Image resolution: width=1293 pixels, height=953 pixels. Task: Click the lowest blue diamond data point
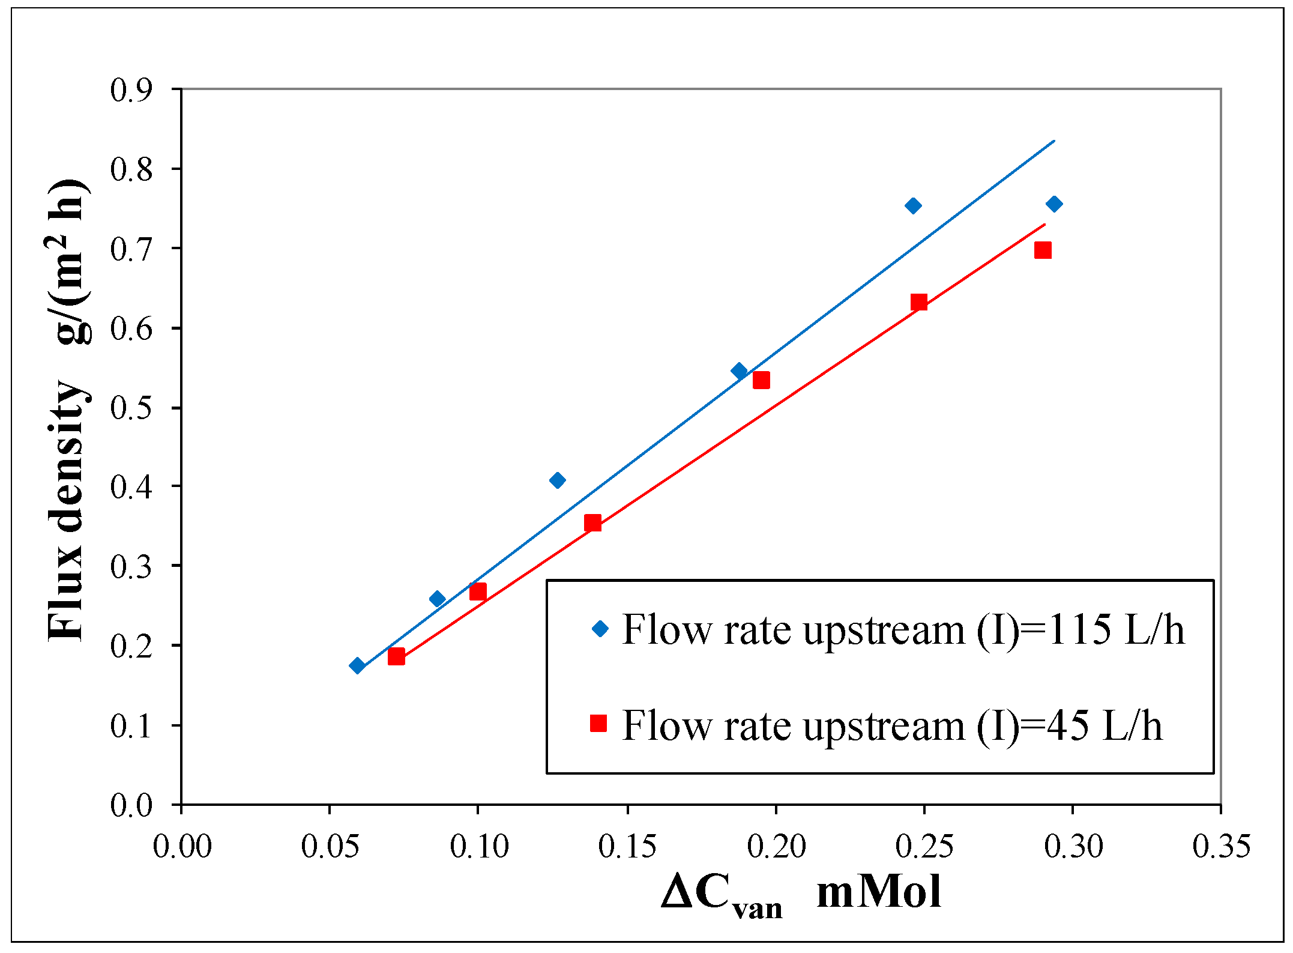coord(357,665)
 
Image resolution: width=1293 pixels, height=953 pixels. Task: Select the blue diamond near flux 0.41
coord(557,480)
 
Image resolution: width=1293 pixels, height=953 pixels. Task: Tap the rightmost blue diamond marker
coord(1054,204)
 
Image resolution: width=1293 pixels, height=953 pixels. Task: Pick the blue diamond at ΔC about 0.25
coord(913,206)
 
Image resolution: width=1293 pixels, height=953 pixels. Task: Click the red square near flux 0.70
coord(1043,250)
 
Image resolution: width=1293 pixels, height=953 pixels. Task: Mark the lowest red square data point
coord(396,656)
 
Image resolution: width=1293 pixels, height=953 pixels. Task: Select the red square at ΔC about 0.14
coord(592,523)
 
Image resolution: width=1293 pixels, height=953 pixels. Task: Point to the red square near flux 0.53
coord(761,380)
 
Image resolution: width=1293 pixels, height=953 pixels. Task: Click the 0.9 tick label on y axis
coord(131,90)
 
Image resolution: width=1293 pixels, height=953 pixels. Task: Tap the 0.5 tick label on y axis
coord(131,408)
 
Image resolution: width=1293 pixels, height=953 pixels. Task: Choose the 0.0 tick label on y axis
coord(131,805)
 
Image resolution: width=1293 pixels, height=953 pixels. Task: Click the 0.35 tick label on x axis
coord(1222,847)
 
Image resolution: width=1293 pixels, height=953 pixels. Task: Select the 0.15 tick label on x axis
coord(627,847)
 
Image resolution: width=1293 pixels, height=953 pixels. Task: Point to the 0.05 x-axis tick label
coord(330,847)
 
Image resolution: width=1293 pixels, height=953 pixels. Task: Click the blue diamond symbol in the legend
coord(600,629)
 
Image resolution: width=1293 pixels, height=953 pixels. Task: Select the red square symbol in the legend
coord(598,724)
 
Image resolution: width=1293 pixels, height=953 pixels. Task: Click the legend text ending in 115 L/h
coord(903,630)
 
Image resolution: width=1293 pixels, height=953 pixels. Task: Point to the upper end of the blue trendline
coord(1054,141)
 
